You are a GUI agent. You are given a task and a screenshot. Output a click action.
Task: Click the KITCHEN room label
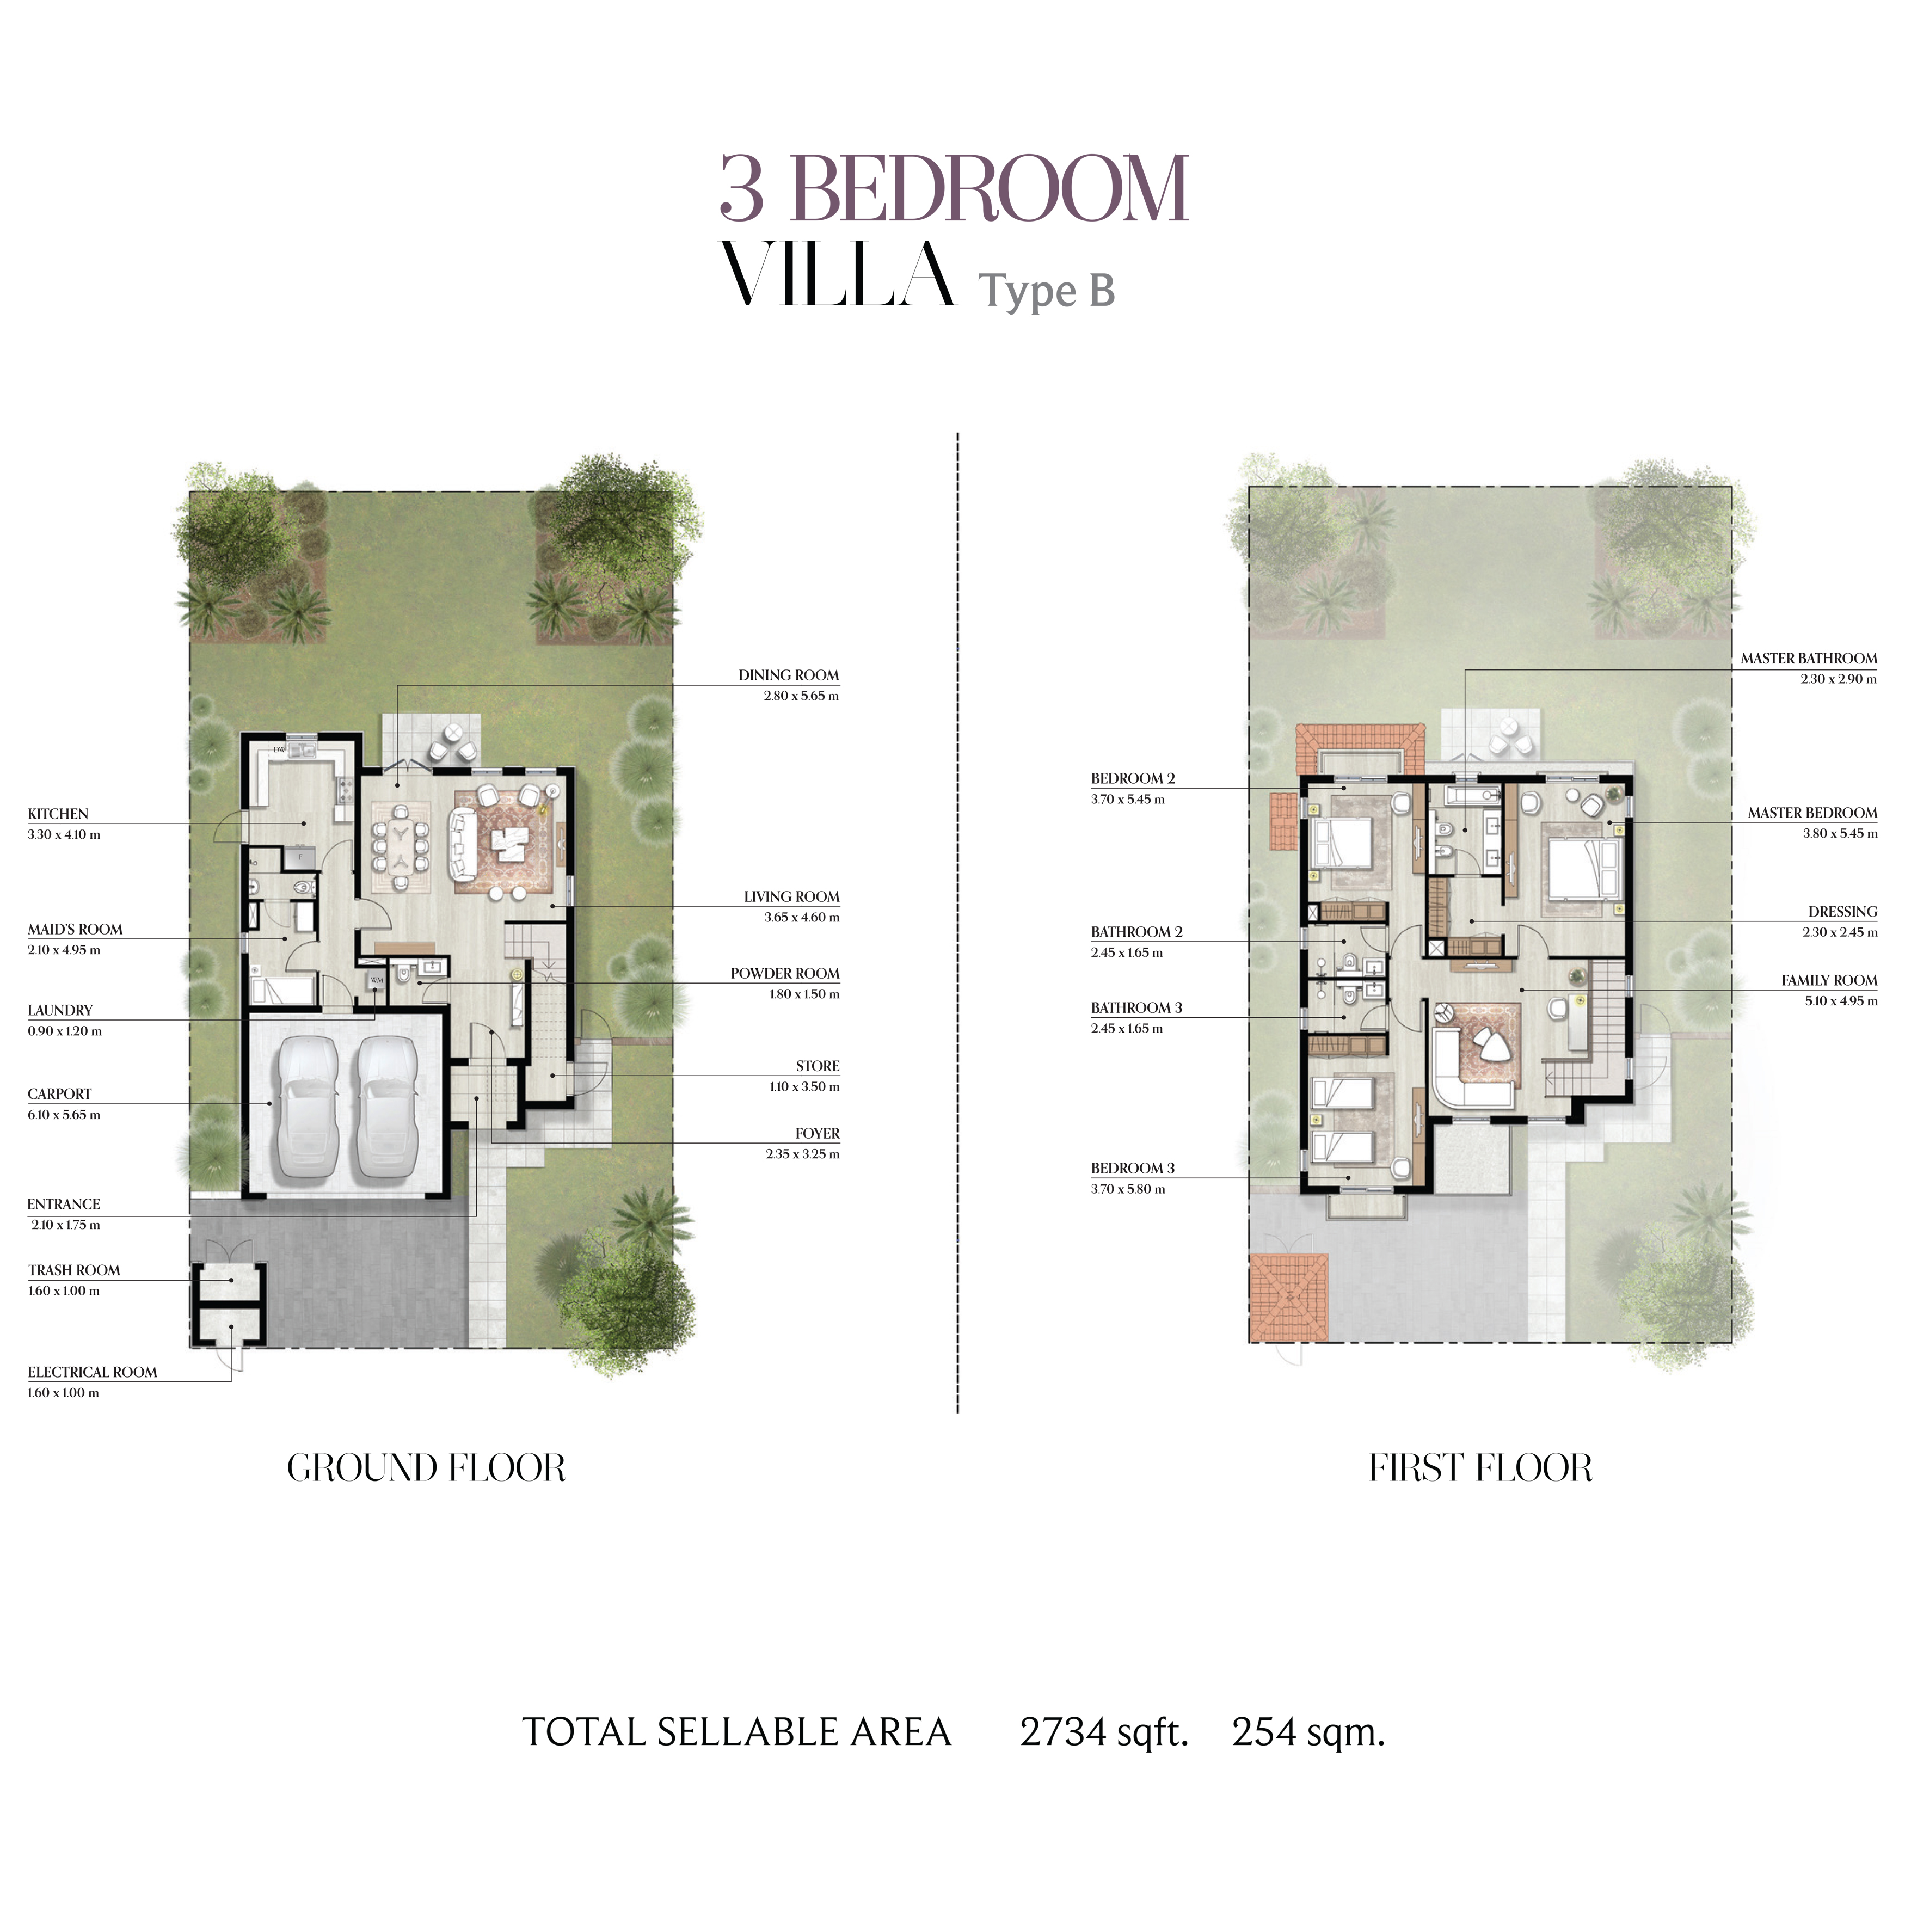[x=58, y=814]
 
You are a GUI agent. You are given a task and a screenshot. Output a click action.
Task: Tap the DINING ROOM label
[x=789, y=675]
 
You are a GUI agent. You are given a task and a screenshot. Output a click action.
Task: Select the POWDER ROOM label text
[x=785, y=973]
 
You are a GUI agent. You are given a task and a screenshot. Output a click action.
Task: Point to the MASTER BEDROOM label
[x=1812, y=813]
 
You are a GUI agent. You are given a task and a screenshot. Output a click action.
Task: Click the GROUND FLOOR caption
[x=426, y=1468]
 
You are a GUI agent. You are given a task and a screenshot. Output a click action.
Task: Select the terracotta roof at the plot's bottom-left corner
[x=1288, y=1298]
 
